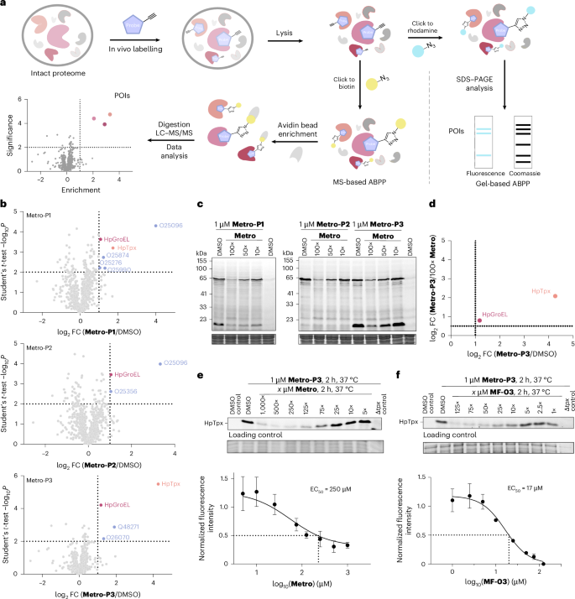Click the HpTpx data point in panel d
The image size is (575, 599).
pos(555,295)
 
